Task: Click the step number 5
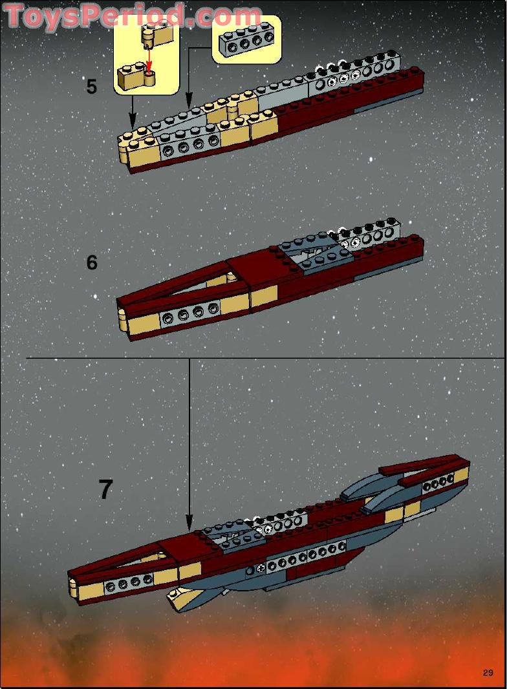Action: pyautogui.click(x=92, y=87)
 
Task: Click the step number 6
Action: pyautogui.click(x=92, y=262)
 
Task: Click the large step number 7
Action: pyautogui.click(x=105, y=490)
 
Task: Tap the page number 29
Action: pyautogui.click(x=488, y=673)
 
